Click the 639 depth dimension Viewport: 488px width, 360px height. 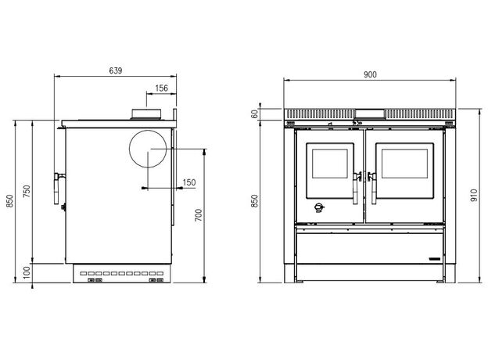pyautogui.click(x=116, y=70)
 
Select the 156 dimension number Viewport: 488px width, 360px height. pyautogui.click(x=162, y=88)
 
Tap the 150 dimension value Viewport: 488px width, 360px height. pyautogui.click(x=189, y=182)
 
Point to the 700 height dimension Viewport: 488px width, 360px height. pyautogui.click(x=199, y=215)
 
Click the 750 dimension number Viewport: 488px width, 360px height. pyautogui.click(x=27, y=192)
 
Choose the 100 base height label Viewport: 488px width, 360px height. pyautogui.click(x=27, y=272)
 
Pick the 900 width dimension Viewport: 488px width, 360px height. pyautogui.click(x=370, y=75)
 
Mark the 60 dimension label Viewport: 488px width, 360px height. pyautogui.click(x=255, y=114)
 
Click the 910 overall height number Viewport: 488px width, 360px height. pyautogui.click(x=474, y=195)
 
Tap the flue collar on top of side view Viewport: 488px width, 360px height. pyautogui.click(x=146, y=113)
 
